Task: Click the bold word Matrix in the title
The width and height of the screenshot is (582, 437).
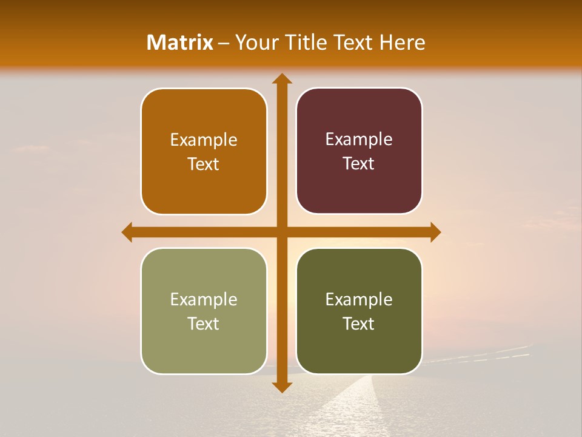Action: coord(180,42)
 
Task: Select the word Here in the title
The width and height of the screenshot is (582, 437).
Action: coord(402,42)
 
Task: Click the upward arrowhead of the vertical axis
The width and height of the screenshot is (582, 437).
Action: coord(281,79)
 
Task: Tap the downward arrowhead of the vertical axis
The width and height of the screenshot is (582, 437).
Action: coord(281,387)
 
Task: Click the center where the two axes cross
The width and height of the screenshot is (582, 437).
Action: coord(281,232)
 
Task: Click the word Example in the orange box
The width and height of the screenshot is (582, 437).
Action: coord(204,140)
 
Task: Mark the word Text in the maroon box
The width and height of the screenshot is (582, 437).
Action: coord(359,164)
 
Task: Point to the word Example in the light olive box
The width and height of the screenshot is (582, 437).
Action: coord(204,300)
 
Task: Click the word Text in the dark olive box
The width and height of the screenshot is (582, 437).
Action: coord(359,324)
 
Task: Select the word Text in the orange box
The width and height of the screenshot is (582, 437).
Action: coord(204,164)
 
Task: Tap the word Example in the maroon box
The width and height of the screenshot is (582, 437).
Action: coord(359,140)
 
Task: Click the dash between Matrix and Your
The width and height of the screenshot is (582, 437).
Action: coord(224,43)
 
